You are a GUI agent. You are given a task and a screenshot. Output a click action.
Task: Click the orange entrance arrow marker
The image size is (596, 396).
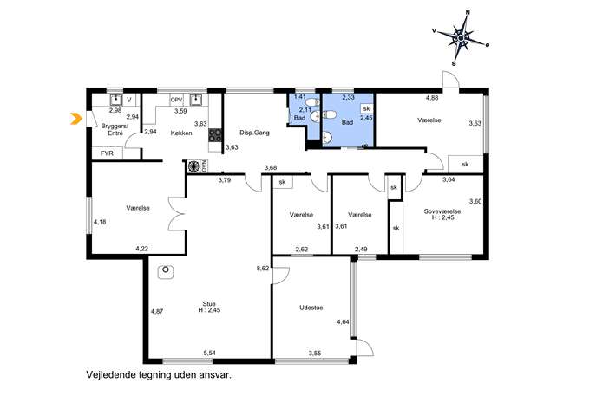[x=76, y=119]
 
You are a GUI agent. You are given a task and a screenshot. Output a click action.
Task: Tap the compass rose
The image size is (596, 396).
[x=461, y=38]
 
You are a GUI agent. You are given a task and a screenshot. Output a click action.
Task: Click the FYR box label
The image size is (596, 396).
[x=107, y=153]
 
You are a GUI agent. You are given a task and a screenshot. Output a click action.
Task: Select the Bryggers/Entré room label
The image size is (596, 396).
[x=115, y=129]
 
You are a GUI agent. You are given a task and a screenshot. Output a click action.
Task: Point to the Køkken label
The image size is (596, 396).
[x=181, y=133]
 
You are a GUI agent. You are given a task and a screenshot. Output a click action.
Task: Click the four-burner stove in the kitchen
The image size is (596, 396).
[x=215, y=135]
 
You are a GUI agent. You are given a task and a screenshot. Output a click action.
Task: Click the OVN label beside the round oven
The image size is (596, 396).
[x=204, y=166]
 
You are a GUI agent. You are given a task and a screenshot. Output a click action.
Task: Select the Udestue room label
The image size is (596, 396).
[x=311, y=308]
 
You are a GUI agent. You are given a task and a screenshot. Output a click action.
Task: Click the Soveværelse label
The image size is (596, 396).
[x=442, y=211]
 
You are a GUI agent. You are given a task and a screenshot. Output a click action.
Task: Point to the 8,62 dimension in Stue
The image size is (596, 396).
[x=263, y=268]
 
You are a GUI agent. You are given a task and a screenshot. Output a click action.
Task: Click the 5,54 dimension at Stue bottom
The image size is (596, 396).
[x=209, y=353]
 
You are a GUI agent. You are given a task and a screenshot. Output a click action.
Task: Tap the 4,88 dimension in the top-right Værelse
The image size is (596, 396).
[x=432, y=98]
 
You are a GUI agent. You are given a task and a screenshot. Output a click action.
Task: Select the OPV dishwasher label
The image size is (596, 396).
[x=177, y=100]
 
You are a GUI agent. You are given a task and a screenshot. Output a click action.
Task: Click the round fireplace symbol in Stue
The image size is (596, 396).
[x=166, y=271]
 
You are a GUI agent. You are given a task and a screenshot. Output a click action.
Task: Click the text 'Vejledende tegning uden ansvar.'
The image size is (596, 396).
[x=159, y=375]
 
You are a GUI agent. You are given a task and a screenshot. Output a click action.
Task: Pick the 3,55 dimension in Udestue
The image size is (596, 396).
[x=315, y=353]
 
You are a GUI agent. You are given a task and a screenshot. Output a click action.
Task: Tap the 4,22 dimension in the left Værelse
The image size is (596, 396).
[x=141, y=249]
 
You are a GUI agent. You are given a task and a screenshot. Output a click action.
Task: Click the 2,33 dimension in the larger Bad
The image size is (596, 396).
[x=349, y=98]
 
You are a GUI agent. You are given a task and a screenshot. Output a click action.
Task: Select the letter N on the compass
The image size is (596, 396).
[x=468, y=12]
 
